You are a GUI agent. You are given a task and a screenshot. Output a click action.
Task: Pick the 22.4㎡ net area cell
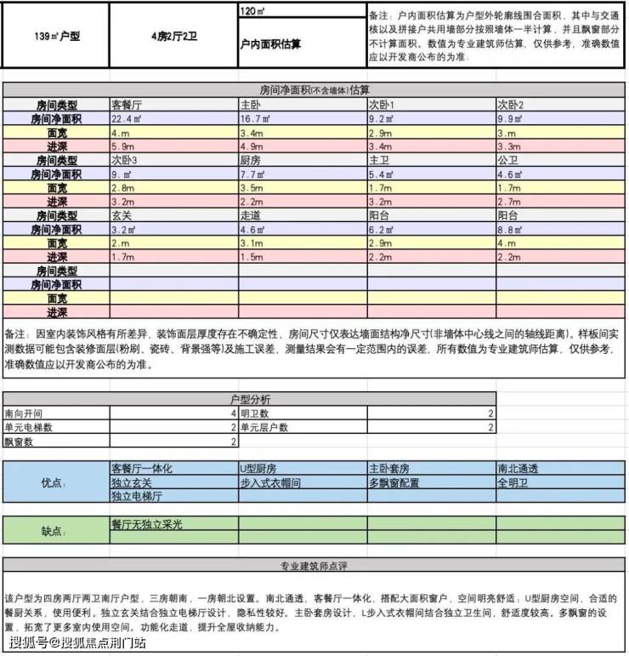point(131,119)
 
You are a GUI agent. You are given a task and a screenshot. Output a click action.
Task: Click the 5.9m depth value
point(126,146)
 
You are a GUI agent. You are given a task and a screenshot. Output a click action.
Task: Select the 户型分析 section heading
point(250,398)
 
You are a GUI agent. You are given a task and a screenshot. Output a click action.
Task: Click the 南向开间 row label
point(24,413)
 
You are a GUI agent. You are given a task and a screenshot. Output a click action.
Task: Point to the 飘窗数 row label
point(20,442)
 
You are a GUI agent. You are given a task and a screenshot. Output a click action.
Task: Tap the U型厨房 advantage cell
point(258,469)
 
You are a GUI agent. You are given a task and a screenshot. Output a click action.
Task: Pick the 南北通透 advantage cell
point(518,469)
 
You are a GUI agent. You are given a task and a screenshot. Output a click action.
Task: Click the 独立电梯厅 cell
point(138,495)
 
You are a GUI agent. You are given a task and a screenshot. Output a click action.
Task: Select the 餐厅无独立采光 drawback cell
point(147,525)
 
